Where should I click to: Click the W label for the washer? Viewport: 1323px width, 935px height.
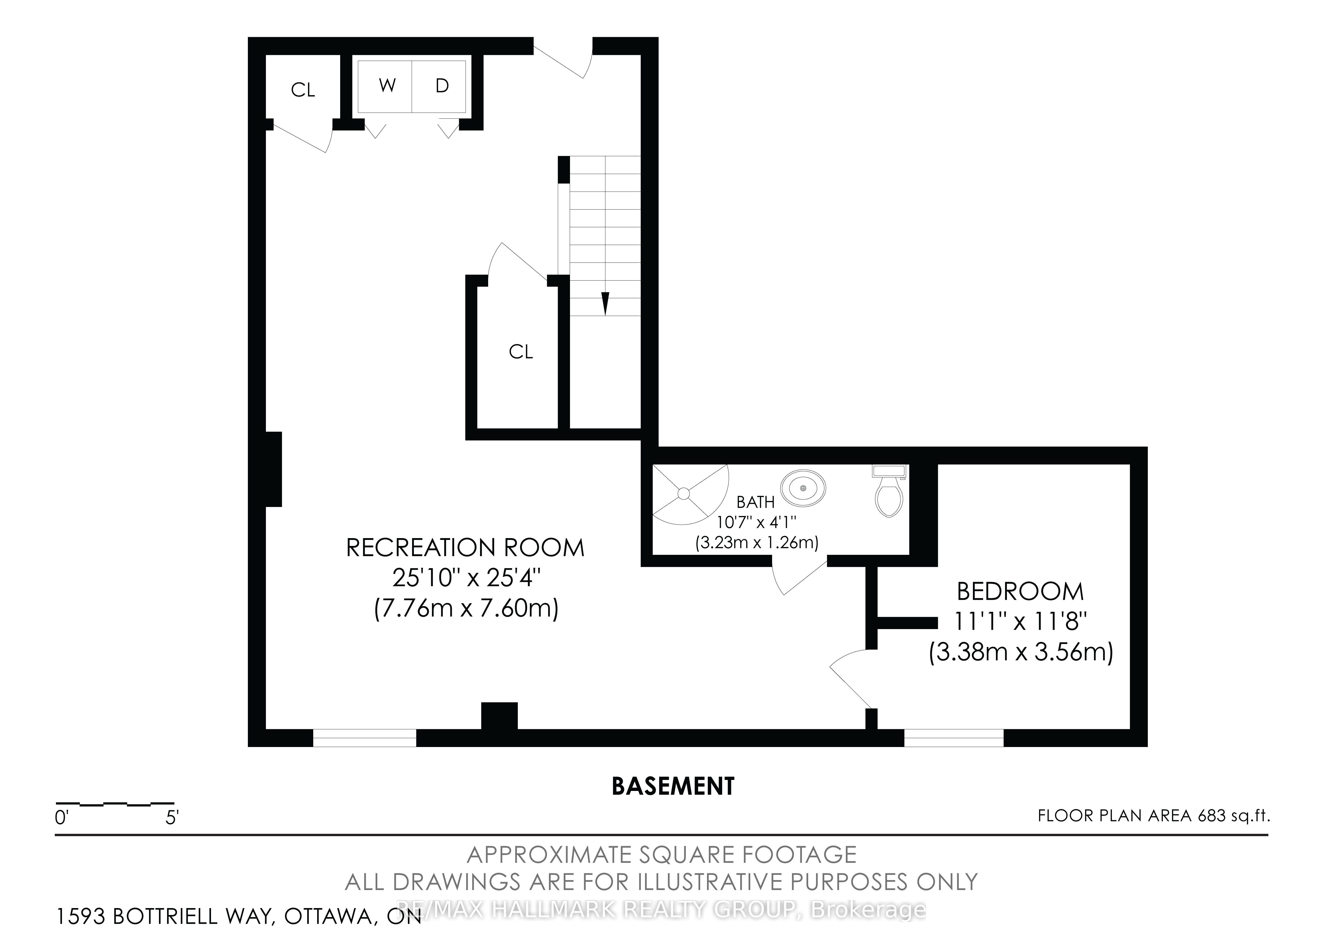coord(387,86)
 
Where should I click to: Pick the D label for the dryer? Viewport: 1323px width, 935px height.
coord(442,86)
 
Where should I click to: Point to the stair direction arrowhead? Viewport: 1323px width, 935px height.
coord(605,304)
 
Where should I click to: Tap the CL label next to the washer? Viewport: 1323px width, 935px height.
coord(303,90)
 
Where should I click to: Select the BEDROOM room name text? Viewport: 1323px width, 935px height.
coord(1020,592)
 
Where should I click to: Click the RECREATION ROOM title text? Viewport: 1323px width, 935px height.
coord(465,548)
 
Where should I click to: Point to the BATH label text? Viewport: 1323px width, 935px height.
coord(755,502)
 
